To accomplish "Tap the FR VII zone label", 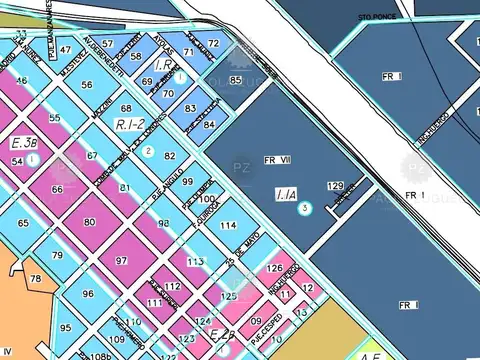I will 277,159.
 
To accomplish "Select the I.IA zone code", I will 285,195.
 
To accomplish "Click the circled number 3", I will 307,207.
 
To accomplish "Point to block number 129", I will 336,186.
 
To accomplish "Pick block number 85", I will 235,79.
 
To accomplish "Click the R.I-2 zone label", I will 130,125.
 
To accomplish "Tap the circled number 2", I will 147,151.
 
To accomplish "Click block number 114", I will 229,227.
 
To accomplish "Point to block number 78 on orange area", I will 36,278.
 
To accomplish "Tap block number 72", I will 214,44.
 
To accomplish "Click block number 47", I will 66,49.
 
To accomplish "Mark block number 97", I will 121,260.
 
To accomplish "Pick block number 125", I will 229,296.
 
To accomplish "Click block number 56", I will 87,85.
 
